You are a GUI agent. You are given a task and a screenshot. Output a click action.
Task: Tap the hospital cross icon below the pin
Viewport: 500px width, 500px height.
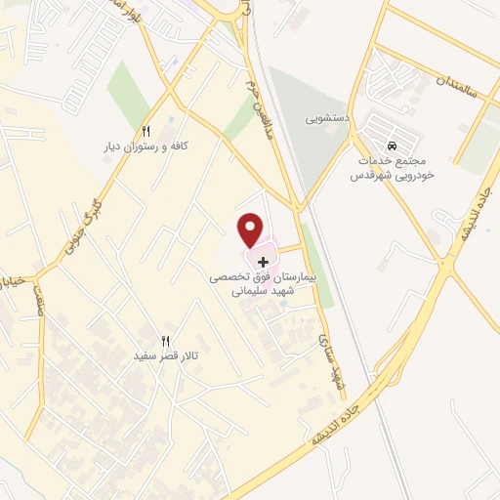[x=262, y=262]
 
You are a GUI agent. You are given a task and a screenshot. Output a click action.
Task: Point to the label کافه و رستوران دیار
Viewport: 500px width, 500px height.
[x=146, y=146]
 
